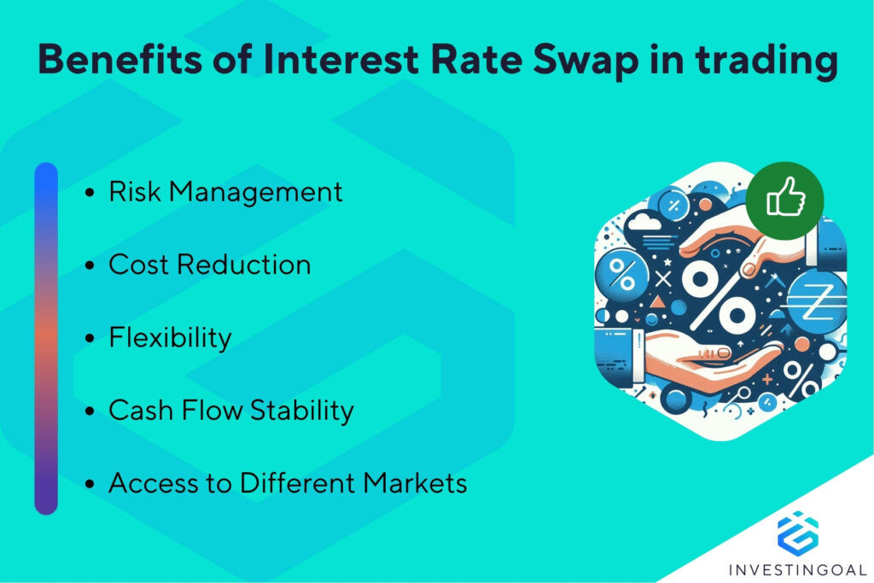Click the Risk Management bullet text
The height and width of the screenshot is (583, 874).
point(225,192)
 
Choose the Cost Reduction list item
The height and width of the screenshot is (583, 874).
point(209,265)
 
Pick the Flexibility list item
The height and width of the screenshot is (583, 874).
point(170,337)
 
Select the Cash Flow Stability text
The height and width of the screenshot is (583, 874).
point(230,411)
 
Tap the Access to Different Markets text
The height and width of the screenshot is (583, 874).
point(288,483)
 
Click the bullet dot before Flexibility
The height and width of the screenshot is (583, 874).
point(90,339)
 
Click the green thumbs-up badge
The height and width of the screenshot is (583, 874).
point(784,201)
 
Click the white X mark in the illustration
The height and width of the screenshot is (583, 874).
point(663,278)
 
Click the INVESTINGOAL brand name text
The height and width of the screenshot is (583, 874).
point(797,568)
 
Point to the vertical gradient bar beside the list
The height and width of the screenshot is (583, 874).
point(46,338)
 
